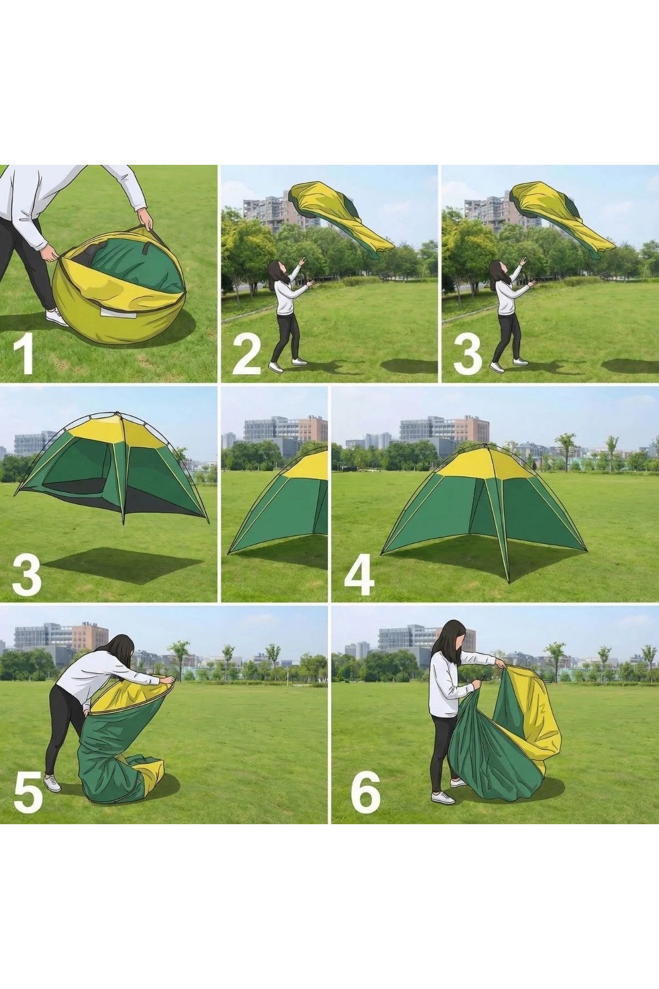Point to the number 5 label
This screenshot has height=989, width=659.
29,791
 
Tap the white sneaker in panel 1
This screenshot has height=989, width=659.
57,317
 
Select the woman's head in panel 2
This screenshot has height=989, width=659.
276,271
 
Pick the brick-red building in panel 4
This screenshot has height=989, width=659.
476,429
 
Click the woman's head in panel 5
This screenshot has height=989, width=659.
122,651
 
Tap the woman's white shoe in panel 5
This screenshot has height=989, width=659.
52,783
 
